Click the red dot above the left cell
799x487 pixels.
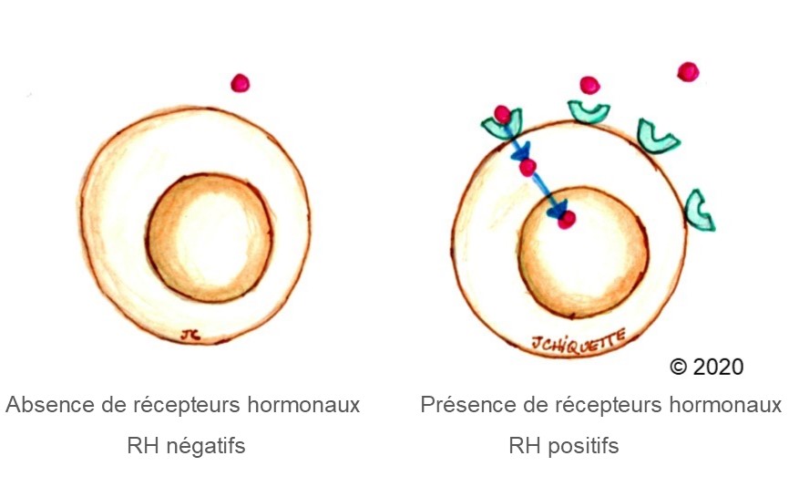240,83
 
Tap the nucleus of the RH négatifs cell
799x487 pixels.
210,238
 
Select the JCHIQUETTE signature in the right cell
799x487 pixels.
578,341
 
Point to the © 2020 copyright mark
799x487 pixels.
707,367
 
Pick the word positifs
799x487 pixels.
583,446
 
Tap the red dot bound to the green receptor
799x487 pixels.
502,114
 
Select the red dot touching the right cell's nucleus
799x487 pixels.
566,220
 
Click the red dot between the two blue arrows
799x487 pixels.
528,167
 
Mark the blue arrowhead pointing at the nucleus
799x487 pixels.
556,209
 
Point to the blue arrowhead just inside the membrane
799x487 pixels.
522,151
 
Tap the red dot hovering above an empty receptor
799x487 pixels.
589,85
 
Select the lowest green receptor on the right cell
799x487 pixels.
698,210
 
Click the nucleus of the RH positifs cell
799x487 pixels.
583,253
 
